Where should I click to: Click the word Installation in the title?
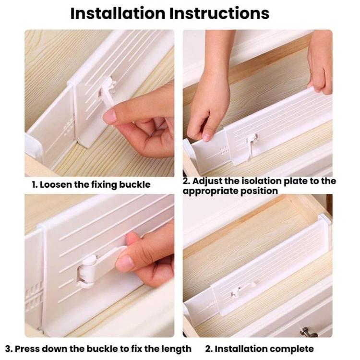117,13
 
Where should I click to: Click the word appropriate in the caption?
209,191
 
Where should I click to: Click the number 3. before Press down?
9,348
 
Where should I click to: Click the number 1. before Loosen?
35,184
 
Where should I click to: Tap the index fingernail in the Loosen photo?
109,116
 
